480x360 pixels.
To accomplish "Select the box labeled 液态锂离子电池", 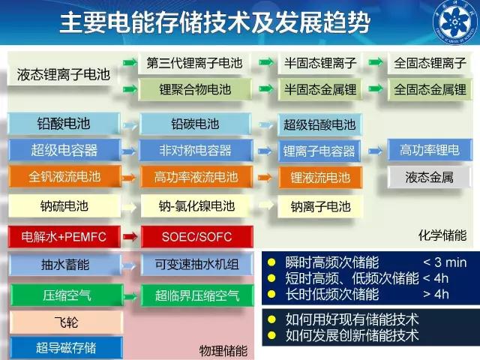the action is tap(63, 74).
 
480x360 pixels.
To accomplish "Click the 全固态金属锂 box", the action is tap(430, 89).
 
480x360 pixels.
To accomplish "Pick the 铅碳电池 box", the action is tap(195, 124).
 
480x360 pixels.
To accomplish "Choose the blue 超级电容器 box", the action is tap(64, 150).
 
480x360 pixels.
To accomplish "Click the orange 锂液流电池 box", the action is tap(320, 177).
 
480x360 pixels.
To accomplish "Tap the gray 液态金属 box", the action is tap(429, 177).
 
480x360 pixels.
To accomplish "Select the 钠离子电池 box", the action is tap(320, 207).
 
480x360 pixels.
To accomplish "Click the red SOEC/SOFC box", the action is tap(196, 237).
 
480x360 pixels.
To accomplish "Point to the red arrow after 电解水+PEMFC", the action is tap(130, 236).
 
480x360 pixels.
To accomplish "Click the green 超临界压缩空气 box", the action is tap(197, 295).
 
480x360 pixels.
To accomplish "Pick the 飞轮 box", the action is tap(66, 322).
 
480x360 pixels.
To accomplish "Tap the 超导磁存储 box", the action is tap(66, 348).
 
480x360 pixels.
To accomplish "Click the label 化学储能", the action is tap(442, 235).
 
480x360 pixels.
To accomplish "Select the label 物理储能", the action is tap(223, 351).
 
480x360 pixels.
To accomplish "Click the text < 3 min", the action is tap(445, 262).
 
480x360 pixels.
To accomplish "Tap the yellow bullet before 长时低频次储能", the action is tap(271, 294).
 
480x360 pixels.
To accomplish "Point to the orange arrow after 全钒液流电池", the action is tap(129, 177).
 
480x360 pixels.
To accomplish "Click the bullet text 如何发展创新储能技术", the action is tap(352, 335).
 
